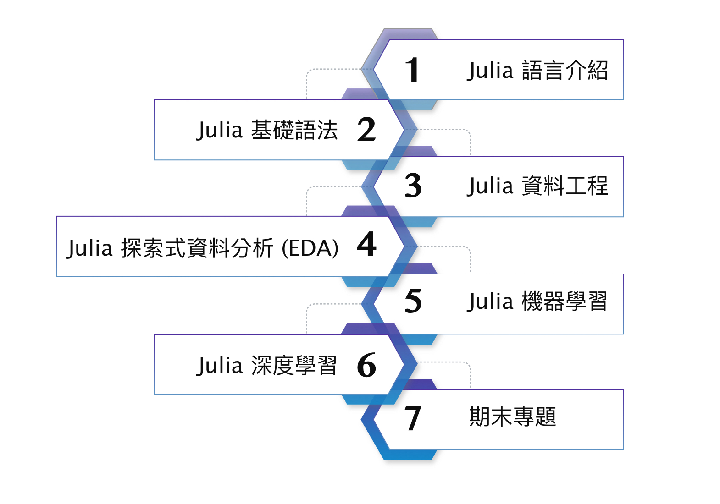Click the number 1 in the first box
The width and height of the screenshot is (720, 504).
pyautogui.click(x=412, y=70)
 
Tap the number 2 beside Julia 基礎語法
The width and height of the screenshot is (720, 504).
pyautogui.click(x=366, y=130)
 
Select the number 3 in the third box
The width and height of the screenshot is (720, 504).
pyautogui.click(x=413, y=186)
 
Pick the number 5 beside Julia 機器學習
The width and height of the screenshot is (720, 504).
pyautogui.click(x=413, y=301)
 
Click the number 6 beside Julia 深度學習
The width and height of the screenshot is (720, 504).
pyautogui.click(x=366, y=365)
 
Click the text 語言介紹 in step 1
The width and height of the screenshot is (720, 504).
pyautogui.click(x=565, y=71)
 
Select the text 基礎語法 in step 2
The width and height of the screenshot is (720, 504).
pyautogui.click(x=294, y=130)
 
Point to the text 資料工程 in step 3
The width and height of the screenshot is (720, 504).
pyautogui.click(x=565, y=186)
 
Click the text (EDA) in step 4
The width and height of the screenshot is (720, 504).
pyautogui.click(x=310, y=248)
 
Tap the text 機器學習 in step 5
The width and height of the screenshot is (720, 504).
pyautogui.click(x=565, y=302)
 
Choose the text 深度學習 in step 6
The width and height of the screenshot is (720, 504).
pyautogui.click(x=294, y=366)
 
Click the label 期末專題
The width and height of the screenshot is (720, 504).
pyautogui.click(x=513, y=417)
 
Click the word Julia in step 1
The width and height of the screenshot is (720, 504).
pyautogui.click(x=490, y=71)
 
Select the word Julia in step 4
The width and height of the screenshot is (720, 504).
pyautogui.click(x=89, y=248)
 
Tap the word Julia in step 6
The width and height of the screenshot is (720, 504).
pyautogui.click(x=219, y=366)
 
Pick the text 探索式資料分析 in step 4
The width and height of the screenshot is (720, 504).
pyautogui.click(x=197, y=248)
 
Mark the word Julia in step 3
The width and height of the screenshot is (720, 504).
pyautogui.click(x=490, y=186)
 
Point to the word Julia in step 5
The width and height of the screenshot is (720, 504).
pyautogui.click(x=490, y=302)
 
